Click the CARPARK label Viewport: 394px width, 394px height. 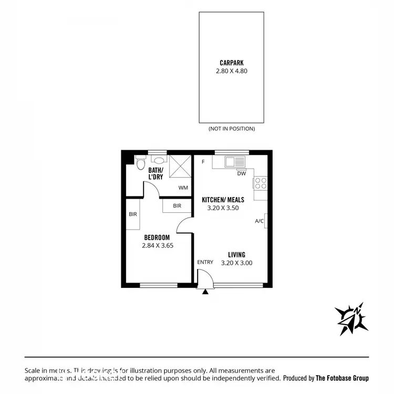pyautogui.click(x=231, y=61)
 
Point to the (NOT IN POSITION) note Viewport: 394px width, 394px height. pyautogui.click(x=231, y=128)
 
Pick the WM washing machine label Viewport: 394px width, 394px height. pyautogui.click(x=183, y=188)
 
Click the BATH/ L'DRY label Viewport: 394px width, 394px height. pyautogui.click(x=155, y=173)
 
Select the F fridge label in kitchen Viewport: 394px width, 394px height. pyautogui.click(x=203, y=161)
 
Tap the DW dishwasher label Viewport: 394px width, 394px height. pyautogui.click(x=241, y=173)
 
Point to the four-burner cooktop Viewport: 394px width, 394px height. pyautogui.click(x=261, y=183)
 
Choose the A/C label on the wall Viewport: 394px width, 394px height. pyautogui.click(x=259, y=221)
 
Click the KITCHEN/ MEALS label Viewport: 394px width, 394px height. pyautogui.click(x=223, y=200)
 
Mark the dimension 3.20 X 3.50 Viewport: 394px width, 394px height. pyautogui.click(x=223, y=208)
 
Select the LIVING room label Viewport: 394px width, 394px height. pyautogui.click(x=236, y=255)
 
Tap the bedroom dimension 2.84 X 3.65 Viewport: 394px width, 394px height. pyautogui.click(x=158, y=245)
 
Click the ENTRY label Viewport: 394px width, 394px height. pyautogui.click(x=205, y=262)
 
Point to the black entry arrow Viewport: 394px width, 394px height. pyautogui.click(x=205, y=292)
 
